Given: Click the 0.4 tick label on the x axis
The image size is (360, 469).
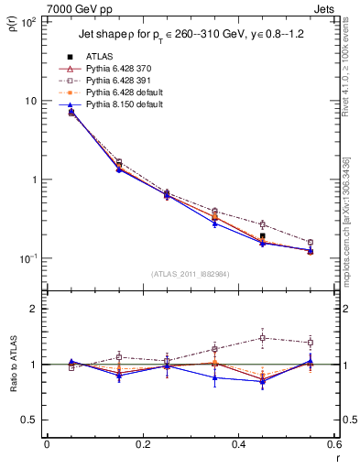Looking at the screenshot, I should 238,444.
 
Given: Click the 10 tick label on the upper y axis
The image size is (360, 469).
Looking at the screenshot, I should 30,101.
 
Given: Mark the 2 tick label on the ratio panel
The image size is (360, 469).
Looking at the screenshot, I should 33,309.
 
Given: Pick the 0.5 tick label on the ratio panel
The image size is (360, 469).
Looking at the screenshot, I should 29,420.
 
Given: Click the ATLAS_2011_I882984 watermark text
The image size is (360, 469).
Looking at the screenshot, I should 191,273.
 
